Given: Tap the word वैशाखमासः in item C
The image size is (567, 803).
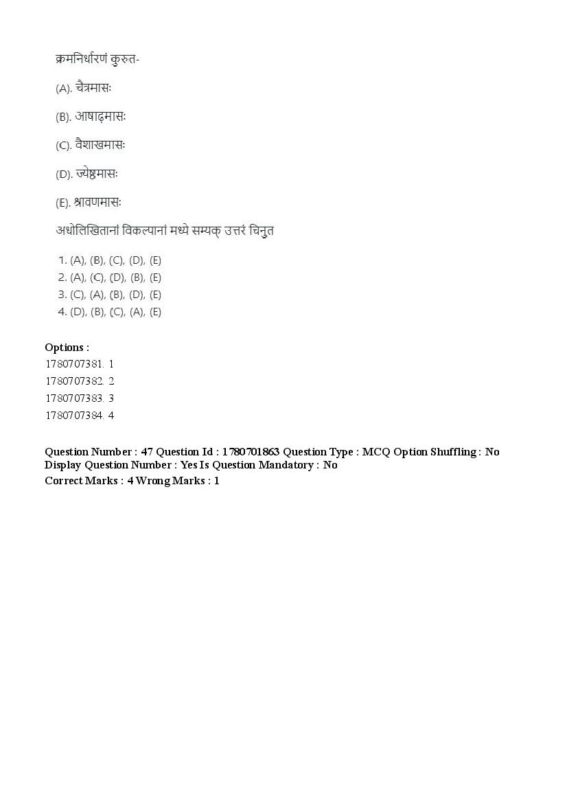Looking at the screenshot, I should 100,145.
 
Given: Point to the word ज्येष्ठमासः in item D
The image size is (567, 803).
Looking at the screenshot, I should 97,174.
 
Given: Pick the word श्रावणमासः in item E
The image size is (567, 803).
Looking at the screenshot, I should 97,203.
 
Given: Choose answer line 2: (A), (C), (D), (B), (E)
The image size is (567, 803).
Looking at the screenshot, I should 110,278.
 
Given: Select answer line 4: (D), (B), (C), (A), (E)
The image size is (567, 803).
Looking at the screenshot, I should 110,312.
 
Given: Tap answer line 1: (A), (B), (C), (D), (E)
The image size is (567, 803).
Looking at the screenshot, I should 110,260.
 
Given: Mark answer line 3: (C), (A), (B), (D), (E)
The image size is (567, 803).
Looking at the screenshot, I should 110,295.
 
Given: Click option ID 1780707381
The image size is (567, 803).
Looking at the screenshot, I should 74,364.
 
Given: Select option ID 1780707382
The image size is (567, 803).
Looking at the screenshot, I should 74,381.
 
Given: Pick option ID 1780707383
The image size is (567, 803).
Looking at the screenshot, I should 74,398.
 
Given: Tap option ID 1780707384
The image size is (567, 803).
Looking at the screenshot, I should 74,416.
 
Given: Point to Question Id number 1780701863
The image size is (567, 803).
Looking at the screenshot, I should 251,452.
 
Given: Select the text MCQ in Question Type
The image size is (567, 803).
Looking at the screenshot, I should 375,452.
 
